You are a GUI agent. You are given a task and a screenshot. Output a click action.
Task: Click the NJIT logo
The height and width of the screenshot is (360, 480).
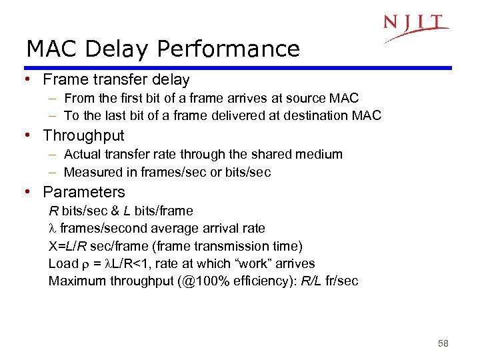[415, 27]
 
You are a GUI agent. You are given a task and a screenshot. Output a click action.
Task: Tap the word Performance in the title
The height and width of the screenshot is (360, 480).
[228, 49]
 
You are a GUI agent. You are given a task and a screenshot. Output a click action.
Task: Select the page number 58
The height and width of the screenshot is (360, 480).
[443, 343]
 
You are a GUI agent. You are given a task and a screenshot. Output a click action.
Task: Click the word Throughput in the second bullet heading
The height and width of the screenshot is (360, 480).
[83, 136]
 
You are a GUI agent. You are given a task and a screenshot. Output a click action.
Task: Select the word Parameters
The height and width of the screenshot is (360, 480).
[84, 193]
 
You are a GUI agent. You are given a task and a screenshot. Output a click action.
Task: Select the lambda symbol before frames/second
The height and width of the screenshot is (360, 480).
[53, 229]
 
